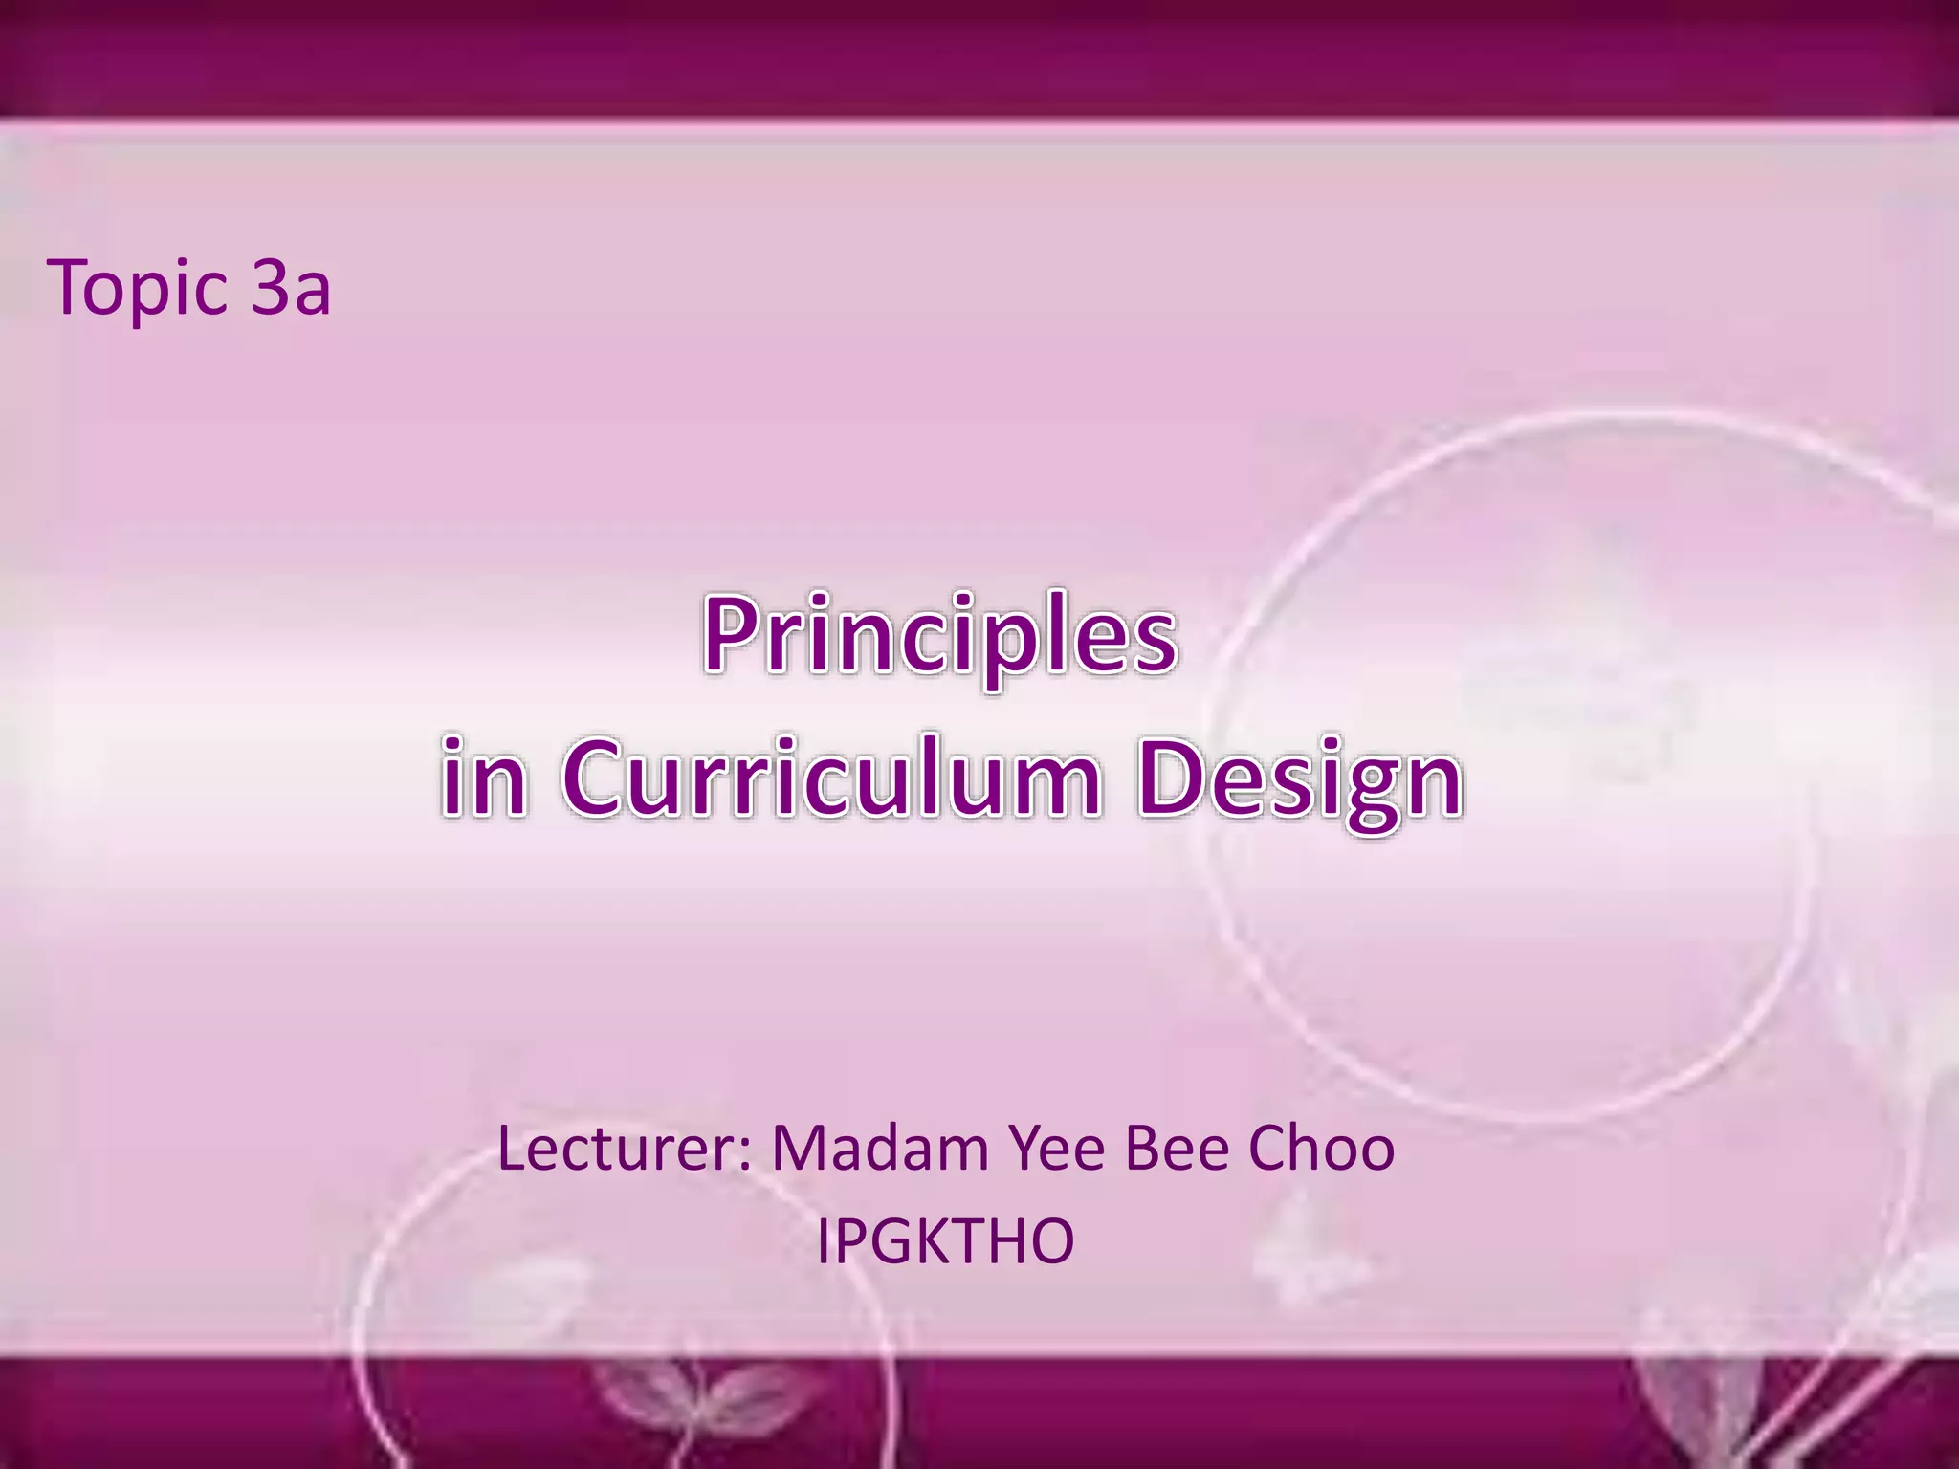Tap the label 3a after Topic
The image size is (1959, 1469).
291,288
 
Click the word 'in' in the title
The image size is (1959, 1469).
483,778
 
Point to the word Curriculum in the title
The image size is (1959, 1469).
831,778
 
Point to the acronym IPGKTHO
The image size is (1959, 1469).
945,1240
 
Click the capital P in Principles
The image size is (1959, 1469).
732,633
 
